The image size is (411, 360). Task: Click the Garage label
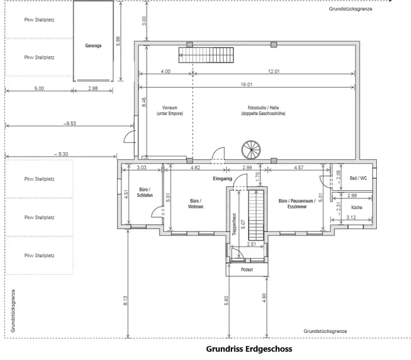point(94,46)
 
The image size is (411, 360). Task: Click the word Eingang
point(223,179)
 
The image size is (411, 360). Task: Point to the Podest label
point(247,270)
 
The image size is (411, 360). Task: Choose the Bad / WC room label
point(359,178)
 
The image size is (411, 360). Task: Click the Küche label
point(356,207)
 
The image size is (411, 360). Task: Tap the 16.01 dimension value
point(247,84)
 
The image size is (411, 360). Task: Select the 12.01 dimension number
point(274,71)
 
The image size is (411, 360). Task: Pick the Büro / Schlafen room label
point(144,192)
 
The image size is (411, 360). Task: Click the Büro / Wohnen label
point(196,204)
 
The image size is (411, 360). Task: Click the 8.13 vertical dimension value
point(126,302)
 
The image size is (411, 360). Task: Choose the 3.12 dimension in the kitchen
point(352,218)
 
